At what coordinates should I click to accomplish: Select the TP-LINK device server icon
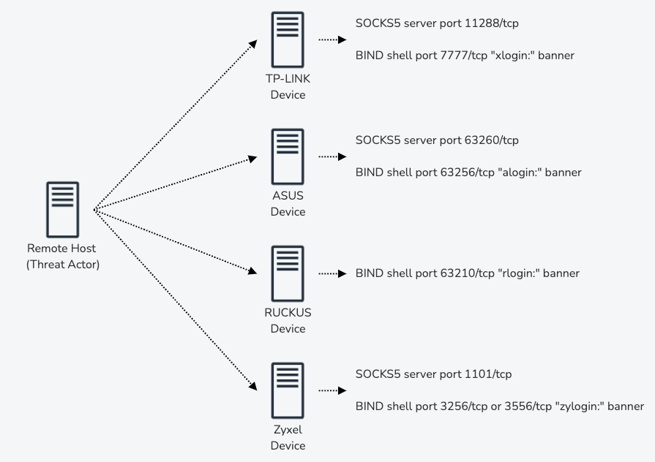[288, 39]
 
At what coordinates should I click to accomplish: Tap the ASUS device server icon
[288, 156]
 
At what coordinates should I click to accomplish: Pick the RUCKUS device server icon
[288, 273]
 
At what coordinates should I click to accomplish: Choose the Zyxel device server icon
[288, 389]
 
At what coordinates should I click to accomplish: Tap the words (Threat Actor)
[63, 264]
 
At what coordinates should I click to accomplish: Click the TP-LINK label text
[288, 79]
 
